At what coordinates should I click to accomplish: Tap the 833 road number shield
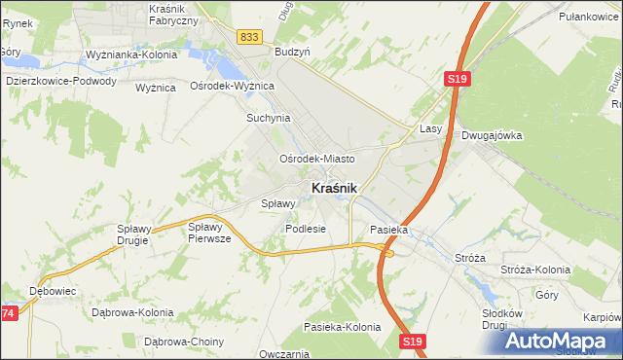248,36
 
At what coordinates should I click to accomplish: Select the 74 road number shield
8,313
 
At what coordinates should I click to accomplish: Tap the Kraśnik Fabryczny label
173,15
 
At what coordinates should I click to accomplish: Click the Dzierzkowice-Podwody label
60,82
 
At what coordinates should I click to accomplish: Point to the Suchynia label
268,118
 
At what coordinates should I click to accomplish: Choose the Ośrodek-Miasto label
316,158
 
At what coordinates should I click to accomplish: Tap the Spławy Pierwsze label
209,232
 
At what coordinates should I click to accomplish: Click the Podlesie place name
305,229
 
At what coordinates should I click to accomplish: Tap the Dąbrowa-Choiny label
184,342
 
